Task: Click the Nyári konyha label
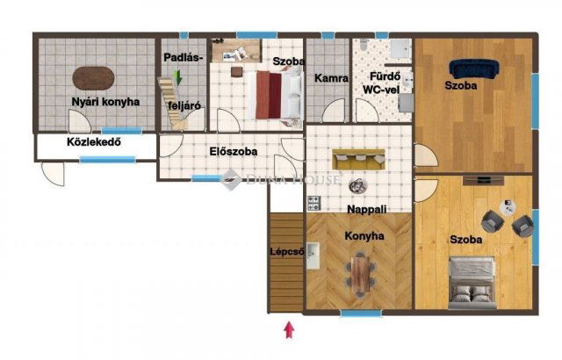coord(106,102)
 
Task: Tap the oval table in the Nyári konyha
coord(92,79)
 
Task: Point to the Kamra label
coord(332,78)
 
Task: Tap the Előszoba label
coord(234,151)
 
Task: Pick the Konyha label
coord(364,236)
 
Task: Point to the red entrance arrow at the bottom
coord(290,332)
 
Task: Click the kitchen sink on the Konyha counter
coord(313,256)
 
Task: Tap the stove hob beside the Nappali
coord(313,204)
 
